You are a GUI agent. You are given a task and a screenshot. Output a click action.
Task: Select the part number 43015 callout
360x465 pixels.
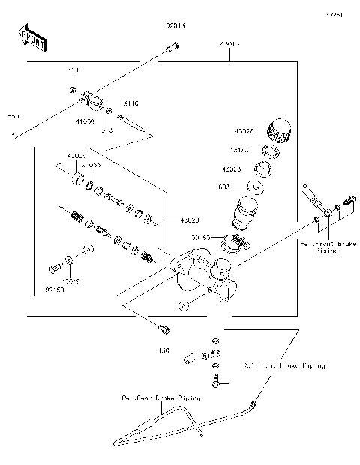coord(229,45)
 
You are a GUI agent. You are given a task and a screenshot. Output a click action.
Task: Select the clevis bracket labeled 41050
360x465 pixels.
coord(89,98)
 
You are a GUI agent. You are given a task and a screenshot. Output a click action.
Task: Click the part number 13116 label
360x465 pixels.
coord(129,103)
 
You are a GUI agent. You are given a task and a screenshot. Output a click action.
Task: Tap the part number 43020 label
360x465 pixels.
coord(189,220)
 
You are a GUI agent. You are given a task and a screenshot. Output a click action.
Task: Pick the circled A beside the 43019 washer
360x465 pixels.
coord(88,248)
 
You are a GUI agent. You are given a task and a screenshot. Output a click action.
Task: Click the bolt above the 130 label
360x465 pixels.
coord(163,329)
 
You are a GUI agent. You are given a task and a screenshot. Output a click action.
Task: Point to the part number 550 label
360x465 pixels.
coord(13,118)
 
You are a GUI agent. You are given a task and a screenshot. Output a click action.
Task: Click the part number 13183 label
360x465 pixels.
coord(241,149)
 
